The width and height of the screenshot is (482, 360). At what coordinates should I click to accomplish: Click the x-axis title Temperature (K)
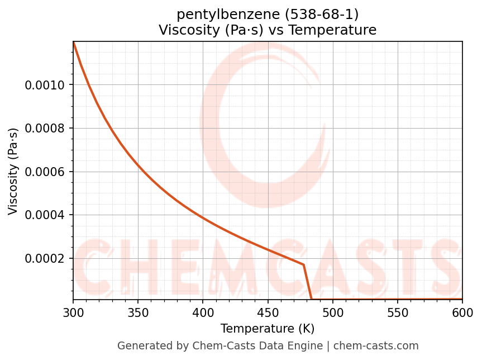(x=268, y=328)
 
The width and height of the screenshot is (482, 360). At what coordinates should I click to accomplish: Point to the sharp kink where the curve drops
(x=304, y=264)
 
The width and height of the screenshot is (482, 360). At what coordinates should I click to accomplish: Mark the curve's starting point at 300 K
(x=73, y=42)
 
